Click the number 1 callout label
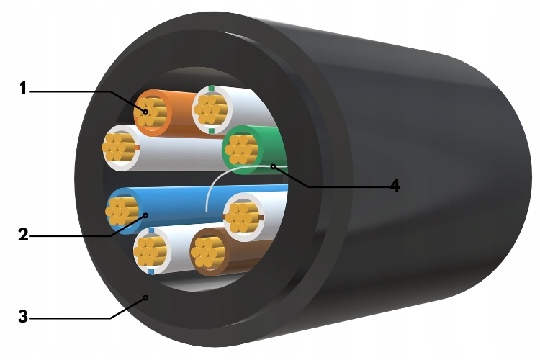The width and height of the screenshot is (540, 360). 23,89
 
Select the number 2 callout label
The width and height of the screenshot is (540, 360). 23,233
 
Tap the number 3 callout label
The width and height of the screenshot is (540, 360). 23,316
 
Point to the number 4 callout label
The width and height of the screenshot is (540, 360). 394,185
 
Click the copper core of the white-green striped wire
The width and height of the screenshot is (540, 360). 211,110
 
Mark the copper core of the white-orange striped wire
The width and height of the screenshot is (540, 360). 118,148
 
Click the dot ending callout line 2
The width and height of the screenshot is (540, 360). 145,215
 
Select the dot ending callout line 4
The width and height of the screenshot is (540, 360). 274,167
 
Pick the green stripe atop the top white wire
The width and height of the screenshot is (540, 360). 210,88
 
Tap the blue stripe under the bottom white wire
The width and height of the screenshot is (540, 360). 150,272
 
